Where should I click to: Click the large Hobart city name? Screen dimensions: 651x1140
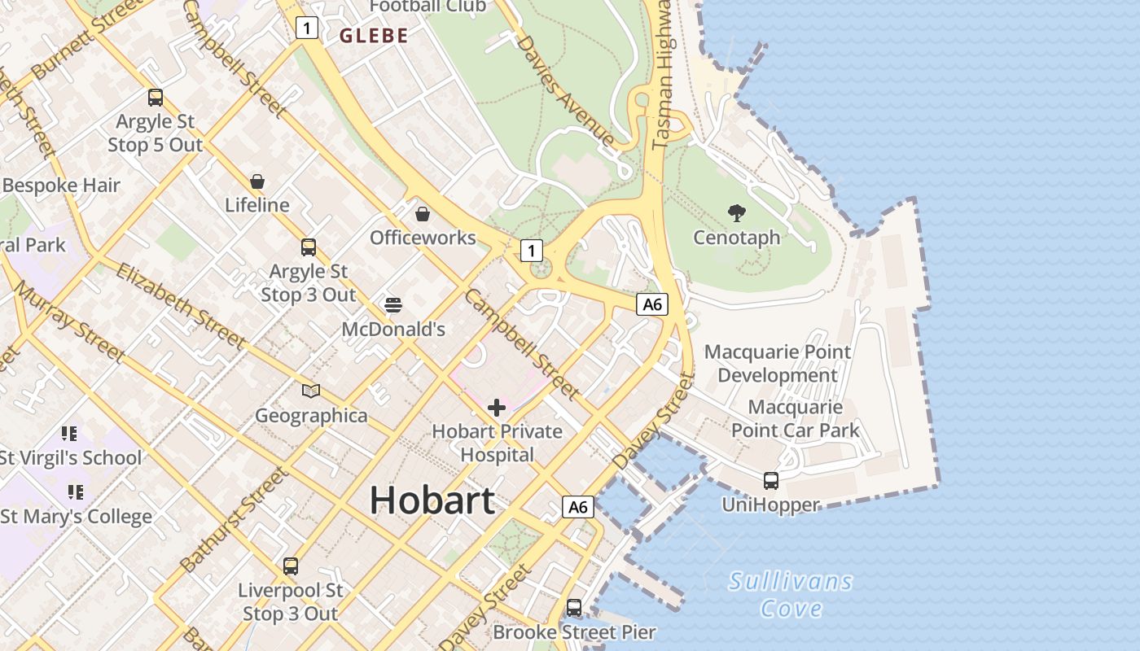click(x=432, y=500)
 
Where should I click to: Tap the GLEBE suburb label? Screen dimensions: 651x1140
click(x=374, y=36)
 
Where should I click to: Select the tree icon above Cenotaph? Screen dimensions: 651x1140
click(x=737, y=213)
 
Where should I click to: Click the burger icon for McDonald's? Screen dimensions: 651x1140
click(x=393, y=305)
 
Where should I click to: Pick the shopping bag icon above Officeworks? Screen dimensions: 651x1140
click(x=423, y=214)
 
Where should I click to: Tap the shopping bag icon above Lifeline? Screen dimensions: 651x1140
click(x=257, y=181)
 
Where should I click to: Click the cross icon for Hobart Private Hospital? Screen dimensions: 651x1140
click(x=497, y=407)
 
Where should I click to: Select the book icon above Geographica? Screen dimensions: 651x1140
click(x=311, y=391)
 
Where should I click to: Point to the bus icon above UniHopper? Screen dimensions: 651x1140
click(x=771, y=480)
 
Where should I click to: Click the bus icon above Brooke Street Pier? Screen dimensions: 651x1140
click(x=574, y=607)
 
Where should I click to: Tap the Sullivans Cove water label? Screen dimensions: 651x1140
click(x=791, y=595)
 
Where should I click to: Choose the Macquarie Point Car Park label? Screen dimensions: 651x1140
click(x=796, y=418)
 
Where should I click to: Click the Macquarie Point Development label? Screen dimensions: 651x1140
click(x=778, y=364)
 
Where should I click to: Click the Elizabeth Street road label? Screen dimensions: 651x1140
click(x=180, y=305)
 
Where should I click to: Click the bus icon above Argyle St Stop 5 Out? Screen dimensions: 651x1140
click(x=156, y=98)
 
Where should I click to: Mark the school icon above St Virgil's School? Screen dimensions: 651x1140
click(x=69, y=434)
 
